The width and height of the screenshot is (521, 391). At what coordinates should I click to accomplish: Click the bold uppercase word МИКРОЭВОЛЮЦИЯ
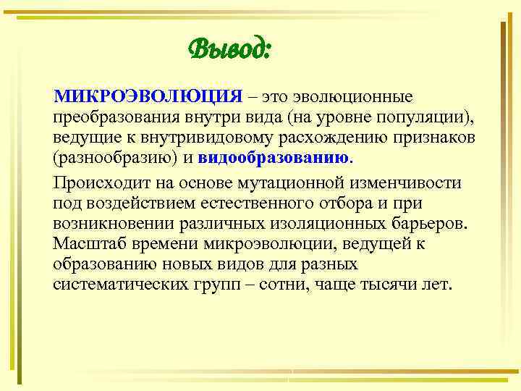147,98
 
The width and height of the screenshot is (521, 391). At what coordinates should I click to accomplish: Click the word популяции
425,117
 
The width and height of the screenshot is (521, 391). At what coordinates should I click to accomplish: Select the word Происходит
103,182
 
